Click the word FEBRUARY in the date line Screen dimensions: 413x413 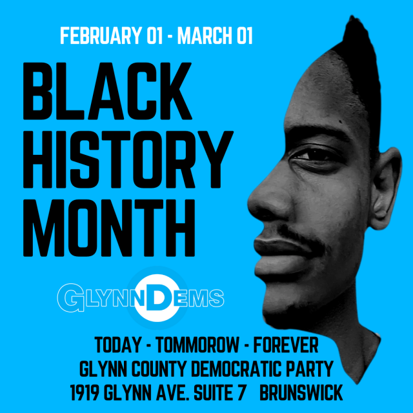[101, 35]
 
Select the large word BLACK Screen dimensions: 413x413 [108, 91]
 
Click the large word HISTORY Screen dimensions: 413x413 [128, 159]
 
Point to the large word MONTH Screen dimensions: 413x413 [109, 228]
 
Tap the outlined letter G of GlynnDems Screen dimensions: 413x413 [70, 297]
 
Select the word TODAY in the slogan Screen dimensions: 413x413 [117, 345]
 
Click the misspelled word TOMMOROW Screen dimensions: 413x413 [197, 345]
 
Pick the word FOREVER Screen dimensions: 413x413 [286, 345]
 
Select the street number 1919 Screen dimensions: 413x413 [85, 392]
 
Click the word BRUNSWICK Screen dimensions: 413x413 [301, 392]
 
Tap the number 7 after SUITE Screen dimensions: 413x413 [241, 392]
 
